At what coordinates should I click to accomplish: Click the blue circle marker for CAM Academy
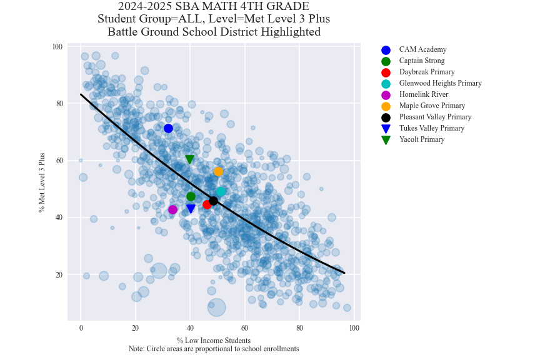point(168,129)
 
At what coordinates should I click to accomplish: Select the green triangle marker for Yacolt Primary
point(190,159)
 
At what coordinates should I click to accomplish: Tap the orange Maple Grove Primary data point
point(218,171)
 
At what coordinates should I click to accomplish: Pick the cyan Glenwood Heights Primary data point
point(221,192)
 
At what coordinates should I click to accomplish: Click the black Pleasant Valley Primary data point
point(213,201)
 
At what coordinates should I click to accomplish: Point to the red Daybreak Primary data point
point(207,204)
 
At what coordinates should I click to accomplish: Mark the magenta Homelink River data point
point(172,209)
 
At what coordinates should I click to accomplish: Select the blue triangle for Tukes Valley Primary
point(191,209)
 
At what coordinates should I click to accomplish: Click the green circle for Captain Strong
point(191,197)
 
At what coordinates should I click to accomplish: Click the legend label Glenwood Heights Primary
point(440,83)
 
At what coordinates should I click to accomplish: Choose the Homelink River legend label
point(423,94)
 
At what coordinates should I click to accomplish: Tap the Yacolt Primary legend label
point(421,139)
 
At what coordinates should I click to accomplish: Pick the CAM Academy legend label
point(422,49)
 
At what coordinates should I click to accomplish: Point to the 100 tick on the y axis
point(57,47)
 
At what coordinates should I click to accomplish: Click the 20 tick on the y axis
point(59,275)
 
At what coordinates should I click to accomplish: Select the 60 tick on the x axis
point(244,329)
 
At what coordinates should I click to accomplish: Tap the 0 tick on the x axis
point(81,329)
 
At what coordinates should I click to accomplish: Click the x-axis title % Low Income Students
point(213,341)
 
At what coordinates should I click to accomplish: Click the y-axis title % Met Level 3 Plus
point(42,182)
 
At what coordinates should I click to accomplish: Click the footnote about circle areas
point(213,349)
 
